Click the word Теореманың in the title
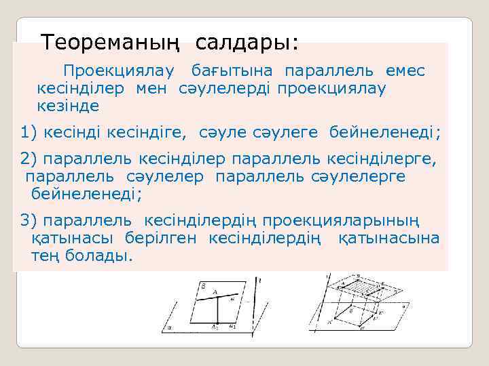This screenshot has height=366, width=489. pyautogui.click(x=111, y=43)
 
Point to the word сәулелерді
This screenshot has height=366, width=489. pyautogui.click(x=225, y=88)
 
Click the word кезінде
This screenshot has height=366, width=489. pyautogui.click(x=68, y=106)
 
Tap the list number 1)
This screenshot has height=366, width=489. pyautogui.click(x=29, y=131)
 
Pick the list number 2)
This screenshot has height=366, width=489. pyautogui.click(x=29, y=159)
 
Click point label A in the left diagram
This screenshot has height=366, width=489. pyautogui.click(x=215, y=292)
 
